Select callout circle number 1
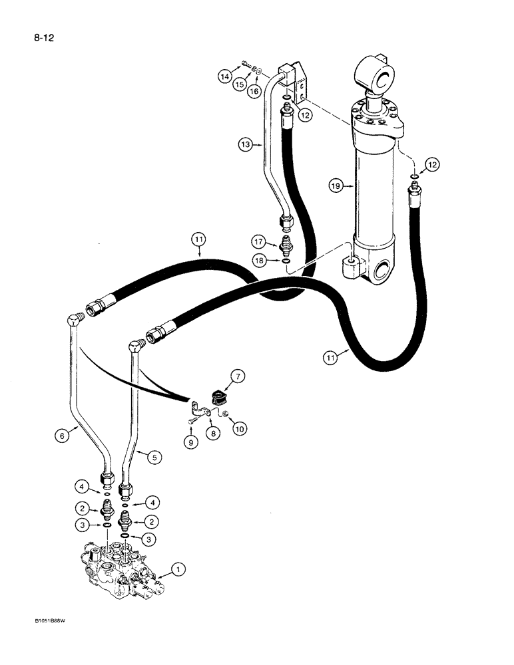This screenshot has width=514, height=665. pyautogui.click(x=178, y=569)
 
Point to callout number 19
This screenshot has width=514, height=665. pyautogui.click(x=337, y=187)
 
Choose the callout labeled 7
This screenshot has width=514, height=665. pyautogui.click(x=238, y=379)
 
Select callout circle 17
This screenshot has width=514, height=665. pyautogui.click(x=260, y=241)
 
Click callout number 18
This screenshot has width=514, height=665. pyautogui.click(x=260, y=261)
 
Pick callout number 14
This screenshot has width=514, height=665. pyautogui.click(x=225, y=77)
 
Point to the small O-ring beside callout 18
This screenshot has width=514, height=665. pyautogui.click(x=285, y=261)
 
